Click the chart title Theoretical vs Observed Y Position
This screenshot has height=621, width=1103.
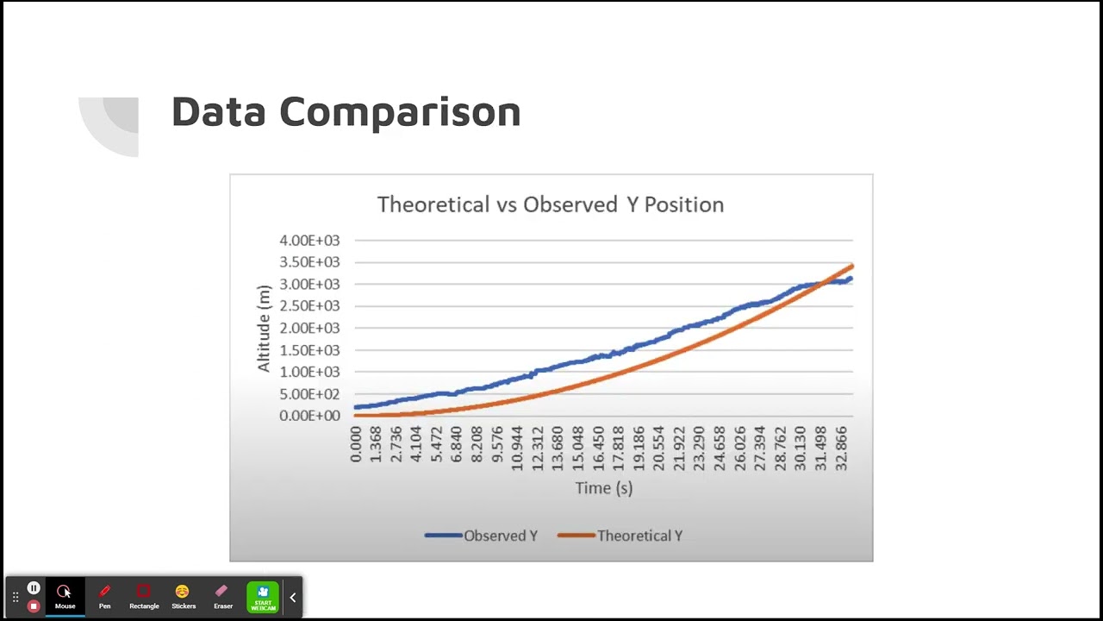pos(550,204)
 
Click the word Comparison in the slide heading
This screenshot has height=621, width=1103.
pos(400,112)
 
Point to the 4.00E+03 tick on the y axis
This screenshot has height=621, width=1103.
pos(309,241)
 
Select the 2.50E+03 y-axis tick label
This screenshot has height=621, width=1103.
pos(309,306)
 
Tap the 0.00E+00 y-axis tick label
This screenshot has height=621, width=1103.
pos(309,416)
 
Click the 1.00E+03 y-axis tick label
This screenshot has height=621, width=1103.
pos(309,372)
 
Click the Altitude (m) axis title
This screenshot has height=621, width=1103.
pos(264,329)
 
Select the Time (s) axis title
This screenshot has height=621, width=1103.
pos(603,488)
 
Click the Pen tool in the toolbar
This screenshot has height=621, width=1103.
pos(104,595)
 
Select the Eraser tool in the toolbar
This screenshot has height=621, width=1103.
pos(223,595)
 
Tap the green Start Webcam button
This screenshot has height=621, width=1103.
pos(263,596)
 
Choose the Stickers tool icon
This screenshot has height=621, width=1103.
pos(183,595)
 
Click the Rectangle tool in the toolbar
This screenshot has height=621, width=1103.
pos(144,595)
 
